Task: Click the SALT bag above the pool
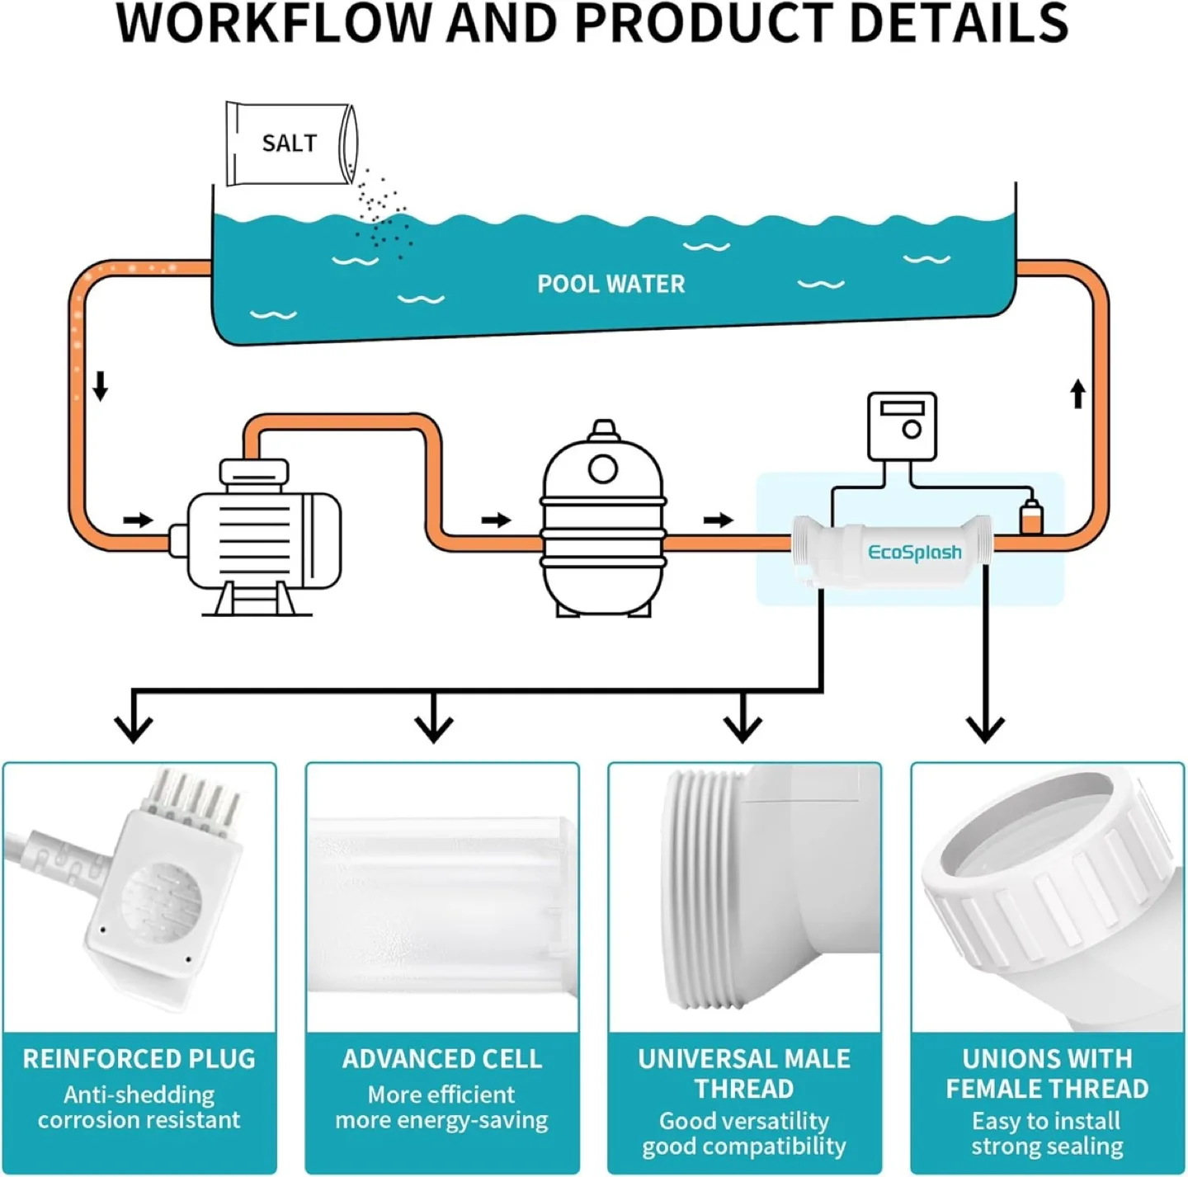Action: click(x=290, y=144)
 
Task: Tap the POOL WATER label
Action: click(x=610, y=284)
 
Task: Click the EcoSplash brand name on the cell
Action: click(x=914, y=552)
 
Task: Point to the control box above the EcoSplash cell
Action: click(x=902, y=426)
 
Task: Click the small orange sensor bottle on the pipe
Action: click(x=1030, y=518)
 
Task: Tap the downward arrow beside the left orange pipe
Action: click(x=101, y=385)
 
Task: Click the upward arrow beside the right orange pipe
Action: click(x=1077, y=393)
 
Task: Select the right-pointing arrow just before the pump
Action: click(x=138, y=520)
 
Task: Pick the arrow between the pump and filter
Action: click(x=496, y=520)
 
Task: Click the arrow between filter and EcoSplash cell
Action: click(x=718, y=520)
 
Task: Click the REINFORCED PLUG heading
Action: click(x=139, y=1058)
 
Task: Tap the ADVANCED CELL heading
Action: click(x=441, y=1058)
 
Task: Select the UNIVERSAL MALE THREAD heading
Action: click(x=743, y=1073)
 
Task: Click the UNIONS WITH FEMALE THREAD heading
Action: click(x=1046, y=1073)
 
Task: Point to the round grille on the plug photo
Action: click(x=161, y=903)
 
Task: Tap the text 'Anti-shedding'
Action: click(x=139, y=1095)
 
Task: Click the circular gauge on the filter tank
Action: click(x=602, y=469)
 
